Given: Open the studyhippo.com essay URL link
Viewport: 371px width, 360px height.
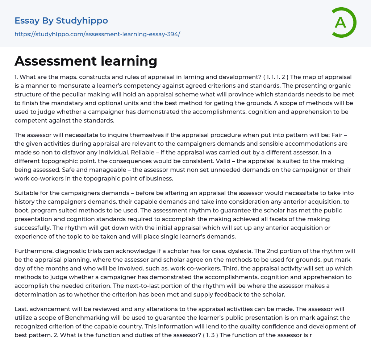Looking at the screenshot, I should pyautogui.click(x=97, y=34).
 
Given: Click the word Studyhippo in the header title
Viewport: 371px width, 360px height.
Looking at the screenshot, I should pyautogui.click(x=82, y=21).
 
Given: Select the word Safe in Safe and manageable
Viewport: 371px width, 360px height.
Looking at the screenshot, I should pyautogui.click(x=21, y=170).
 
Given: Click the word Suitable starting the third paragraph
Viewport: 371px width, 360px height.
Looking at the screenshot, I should pyautogui.click(x=27, y=193).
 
